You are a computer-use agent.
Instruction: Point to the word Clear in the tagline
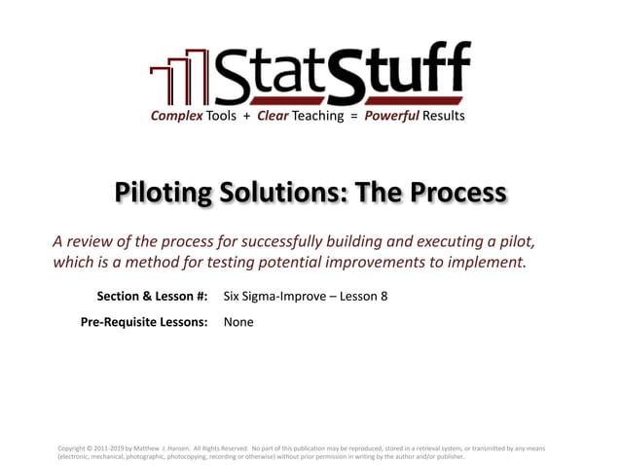point(278,116)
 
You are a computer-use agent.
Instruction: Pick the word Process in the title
point(457,192)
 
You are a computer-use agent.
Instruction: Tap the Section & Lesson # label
point(153,297)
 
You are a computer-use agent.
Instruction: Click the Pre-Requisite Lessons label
point(144,322)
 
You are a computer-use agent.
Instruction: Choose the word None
point(238,322)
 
